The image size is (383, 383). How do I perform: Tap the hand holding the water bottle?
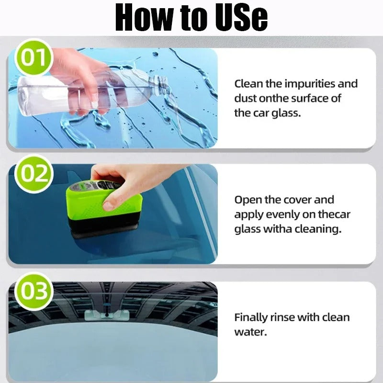[77, 79]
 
